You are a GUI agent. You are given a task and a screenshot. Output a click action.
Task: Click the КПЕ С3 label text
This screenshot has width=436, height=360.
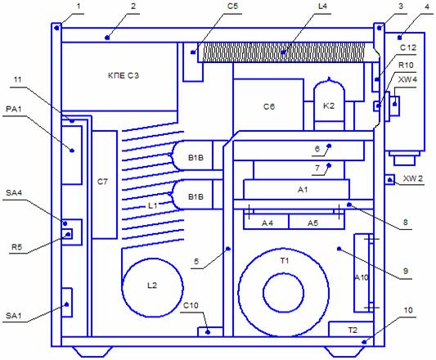(124, 75)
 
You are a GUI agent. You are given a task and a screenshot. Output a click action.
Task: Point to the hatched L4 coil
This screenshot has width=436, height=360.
(283, 52)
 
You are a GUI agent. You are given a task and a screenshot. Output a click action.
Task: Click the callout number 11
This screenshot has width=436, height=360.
(17, 80)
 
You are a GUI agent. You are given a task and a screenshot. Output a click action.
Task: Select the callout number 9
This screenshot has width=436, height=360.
(406, 271)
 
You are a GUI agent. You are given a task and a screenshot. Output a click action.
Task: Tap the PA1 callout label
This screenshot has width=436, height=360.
(14, 110)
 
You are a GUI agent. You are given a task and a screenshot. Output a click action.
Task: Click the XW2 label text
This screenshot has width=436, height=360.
(413, 178)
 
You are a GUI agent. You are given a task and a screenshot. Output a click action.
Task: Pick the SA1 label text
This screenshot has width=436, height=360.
(14, 316)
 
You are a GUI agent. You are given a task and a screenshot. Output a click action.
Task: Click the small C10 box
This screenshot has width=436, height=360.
(210, 332)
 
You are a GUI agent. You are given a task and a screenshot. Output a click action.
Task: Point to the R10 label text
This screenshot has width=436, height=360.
(406, 65)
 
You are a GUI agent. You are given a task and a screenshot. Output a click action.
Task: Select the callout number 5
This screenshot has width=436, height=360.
(196, 262)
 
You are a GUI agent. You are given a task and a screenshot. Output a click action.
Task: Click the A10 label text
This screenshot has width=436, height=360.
(362, 277)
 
